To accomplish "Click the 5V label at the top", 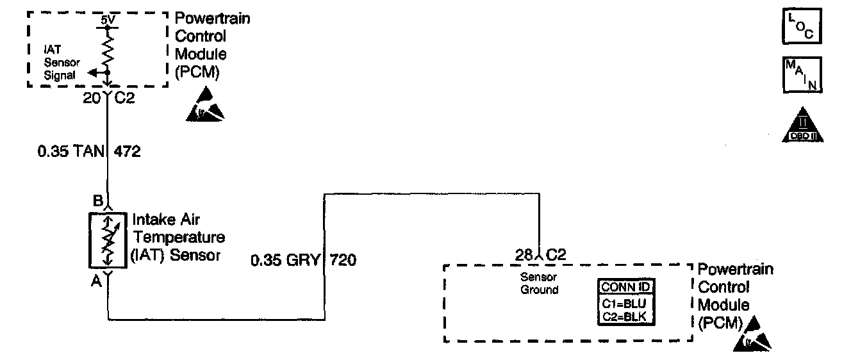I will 108,20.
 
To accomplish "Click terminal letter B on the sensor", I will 98,200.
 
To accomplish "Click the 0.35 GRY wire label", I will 285,261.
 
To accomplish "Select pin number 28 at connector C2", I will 524,254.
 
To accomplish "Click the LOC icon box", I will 800,28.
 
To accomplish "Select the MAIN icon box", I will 800,75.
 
